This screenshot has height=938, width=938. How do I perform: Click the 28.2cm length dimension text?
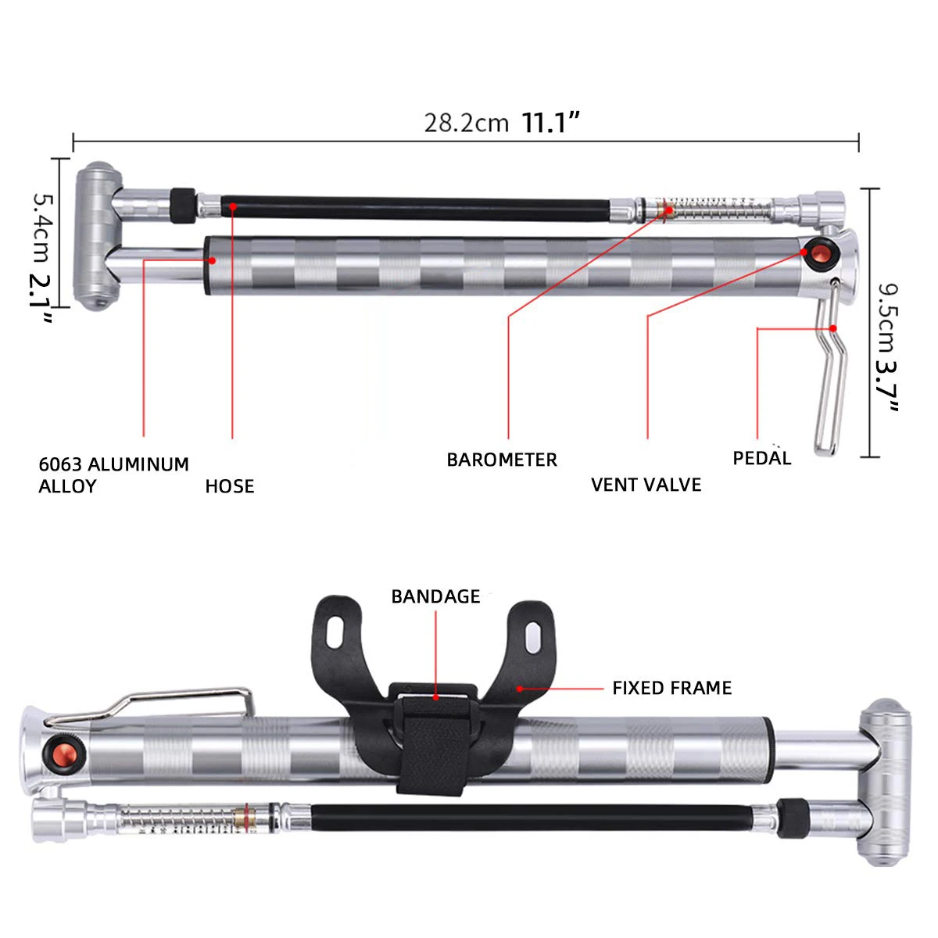(466, 124)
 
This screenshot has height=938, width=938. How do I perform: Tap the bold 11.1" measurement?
(552, 123)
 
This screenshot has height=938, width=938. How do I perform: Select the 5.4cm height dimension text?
(42, 227)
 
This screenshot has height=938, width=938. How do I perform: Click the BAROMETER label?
(502, 460)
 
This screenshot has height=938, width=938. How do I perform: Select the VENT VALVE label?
(646, 485)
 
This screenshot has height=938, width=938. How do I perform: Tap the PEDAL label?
(761, 458)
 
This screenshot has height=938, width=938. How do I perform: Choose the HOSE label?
(230, 486)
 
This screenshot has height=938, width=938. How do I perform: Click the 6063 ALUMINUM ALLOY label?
(114, 475)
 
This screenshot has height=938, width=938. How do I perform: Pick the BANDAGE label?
(435, 597)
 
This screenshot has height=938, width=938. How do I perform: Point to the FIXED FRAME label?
(672, 688)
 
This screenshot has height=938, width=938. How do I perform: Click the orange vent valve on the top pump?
(819, 253)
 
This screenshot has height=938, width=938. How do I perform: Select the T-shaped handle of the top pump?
(97, 234)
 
